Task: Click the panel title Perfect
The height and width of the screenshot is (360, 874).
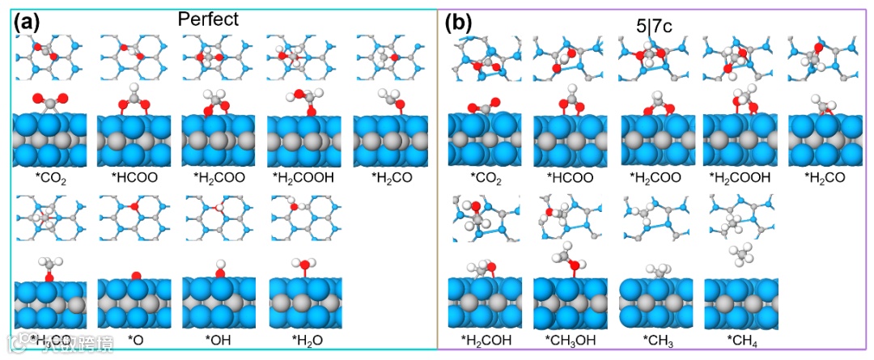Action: pyautogui.click(x=209, y=19)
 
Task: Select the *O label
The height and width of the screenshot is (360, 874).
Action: pyautogui.click(x=137, y=341)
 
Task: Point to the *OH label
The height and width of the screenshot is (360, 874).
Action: pyautogui.click(x=221, y=341)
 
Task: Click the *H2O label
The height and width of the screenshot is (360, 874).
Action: pyautogui.click(x=307, y=341)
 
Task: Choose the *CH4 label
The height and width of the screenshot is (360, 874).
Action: pyautogui.click(x=741, y=341)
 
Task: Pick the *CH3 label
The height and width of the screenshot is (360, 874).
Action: pyautogui.click(x=657, y=341)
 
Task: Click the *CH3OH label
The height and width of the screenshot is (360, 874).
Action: pyautogui.click(x=571, y=341)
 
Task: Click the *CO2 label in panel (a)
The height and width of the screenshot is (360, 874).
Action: pyautogui.click(x=49, y=177)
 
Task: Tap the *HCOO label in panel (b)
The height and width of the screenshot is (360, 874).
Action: pyautogui.click(x=571, y=177)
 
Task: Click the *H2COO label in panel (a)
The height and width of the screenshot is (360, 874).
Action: pyautogui.click(x=221, y=177)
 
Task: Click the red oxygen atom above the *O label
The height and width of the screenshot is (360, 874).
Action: pyautogui.click(x=136, y=276)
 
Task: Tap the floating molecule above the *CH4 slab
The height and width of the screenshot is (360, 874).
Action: pyautogui.click(x=741, y=255)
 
